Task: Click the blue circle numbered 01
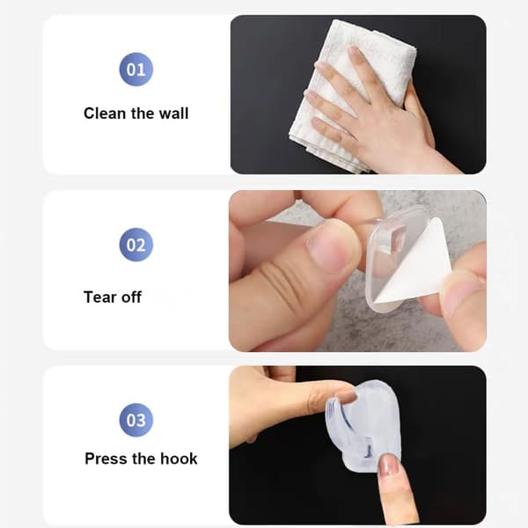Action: pyautogui.click(x=136, y=70)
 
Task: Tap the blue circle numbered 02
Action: pyautogui.click(x=136, y=245)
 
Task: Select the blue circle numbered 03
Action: pyautogui.click(x=136, y=420)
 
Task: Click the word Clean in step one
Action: pyautogui.click(x=105, y=114)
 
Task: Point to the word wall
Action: pyautogui.click(x=173, y=114)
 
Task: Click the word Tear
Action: pyautogui.click(x=100, y=297)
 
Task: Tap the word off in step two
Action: pyautogui.click(x=131, y=297)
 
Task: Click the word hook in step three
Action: pyautogui.click(x=179, y=458)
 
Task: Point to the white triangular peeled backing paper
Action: pyautogui.click(x=416, y=261)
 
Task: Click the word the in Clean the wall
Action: pyautogui.click(x=142, y=114)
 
